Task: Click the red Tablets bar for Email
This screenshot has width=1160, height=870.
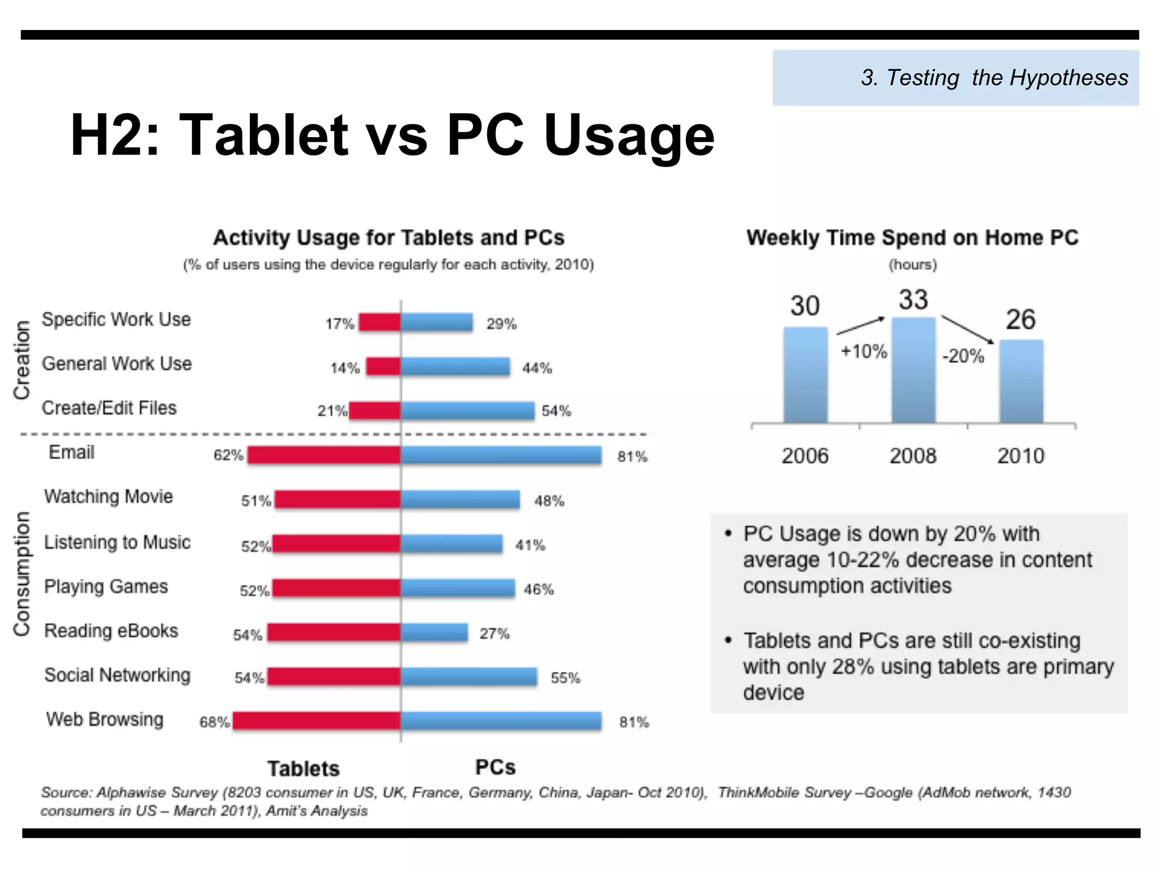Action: [324, 455]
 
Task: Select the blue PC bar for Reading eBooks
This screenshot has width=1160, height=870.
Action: [434, 632]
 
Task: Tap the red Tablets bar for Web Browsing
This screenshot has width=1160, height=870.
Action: [317, 720]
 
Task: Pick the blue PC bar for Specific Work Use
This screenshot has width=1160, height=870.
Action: [437, 322]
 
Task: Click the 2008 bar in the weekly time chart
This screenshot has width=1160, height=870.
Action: [913, 370]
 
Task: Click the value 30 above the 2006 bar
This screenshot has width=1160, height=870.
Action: [805, 306]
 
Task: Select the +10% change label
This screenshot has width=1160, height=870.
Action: [864, 352]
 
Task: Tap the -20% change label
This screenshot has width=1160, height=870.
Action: [963, 356]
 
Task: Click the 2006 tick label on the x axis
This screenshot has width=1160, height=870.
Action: [805, 456]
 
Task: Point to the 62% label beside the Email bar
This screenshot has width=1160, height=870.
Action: [228, 455]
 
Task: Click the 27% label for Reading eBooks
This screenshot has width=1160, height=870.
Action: [494, 633]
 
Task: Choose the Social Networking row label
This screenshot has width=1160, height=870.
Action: [117, 675]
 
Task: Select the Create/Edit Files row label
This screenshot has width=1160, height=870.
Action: [109, 408]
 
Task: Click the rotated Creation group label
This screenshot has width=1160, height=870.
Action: [22, 361]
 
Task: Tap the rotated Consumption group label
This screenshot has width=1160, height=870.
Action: [22, 574]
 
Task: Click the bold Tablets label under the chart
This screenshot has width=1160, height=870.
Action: [304, 769]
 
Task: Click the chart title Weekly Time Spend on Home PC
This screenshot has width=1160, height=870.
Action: [912, 238]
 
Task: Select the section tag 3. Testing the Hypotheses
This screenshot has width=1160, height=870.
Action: [995, 78]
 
